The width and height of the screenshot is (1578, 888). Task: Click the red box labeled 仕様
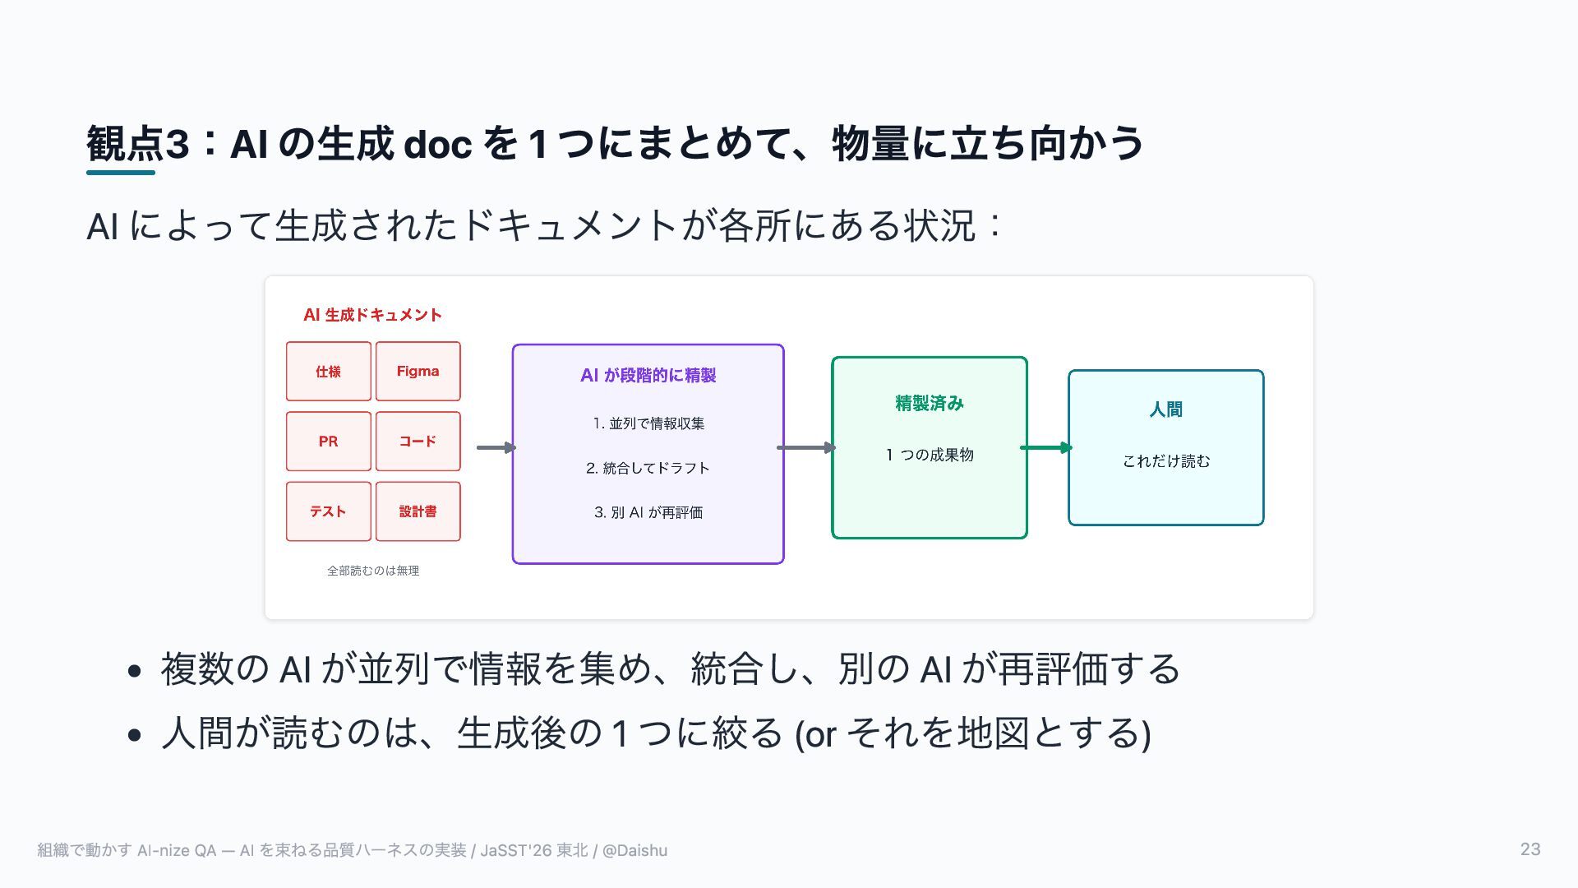tap(329, 372)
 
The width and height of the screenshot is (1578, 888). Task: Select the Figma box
tap(418, 372)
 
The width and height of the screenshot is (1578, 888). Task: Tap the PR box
tap(329, 442)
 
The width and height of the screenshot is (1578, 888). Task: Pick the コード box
tap(418, 442)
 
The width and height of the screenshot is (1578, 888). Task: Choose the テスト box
tap(329, 511)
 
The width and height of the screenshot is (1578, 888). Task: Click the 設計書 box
tap(418, 511)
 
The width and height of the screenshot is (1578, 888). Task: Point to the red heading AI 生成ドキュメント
tap(373, 315)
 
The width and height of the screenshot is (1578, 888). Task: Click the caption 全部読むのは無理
tap(373, 571)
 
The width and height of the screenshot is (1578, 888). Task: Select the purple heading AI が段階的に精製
tap(648, 376)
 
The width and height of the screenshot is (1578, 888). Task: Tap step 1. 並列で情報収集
tap(648, 423)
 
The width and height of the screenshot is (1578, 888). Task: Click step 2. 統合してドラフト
tap(648, 468)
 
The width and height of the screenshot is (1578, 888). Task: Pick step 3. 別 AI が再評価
tap(648, 512)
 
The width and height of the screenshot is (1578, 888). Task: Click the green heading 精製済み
tap(930, 404)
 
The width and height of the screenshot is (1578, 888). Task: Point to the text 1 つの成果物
tap(930, 455)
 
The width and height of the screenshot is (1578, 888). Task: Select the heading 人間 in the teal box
tap(1166, 409)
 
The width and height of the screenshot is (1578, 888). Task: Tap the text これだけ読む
tap(1166, 461)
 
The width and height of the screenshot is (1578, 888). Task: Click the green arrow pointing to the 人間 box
tap(1046, 448)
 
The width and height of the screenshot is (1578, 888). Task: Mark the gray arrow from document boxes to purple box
tap(496, 448)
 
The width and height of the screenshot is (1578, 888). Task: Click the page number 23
tap(1530, 849)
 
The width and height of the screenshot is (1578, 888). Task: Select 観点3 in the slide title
tap(138, 144)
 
